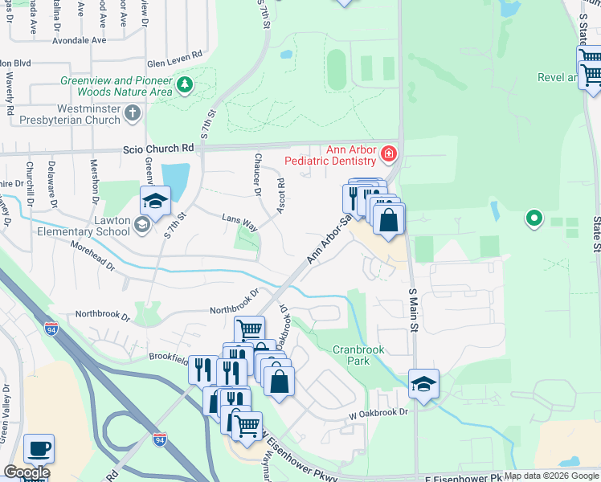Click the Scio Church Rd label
(x=158, y=149)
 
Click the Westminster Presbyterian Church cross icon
(x=133, y=114)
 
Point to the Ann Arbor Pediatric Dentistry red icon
(x=389, y=152)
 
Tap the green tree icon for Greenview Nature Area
(x=186, y=84)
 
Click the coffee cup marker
(x=39, y=449)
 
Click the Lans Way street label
(x=239, y=222)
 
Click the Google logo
(x=27, y=472)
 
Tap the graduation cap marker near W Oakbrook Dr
(x=423, y=384)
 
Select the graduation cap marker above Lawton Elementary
(x=155, y=201)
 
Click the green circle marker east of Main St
(x=533, y=217)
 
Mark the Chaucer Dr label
(x=258, y=174)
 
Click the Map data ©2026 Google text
(x=551, y=476)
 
